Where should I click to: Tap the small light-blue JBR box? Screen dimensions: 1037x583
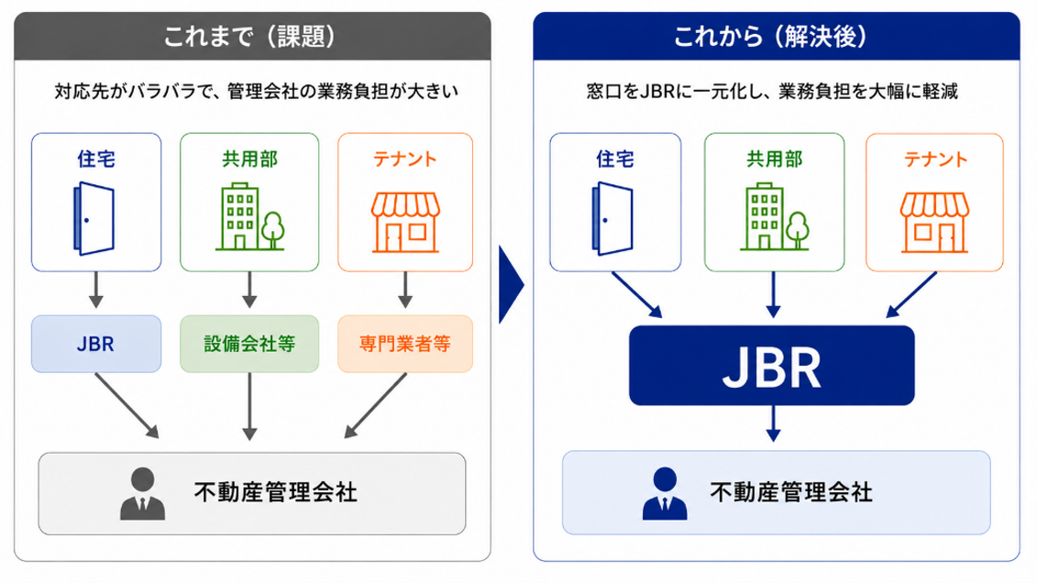pos(96,344)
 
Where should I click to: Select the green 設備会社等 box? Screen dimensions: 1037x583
pos(249,344)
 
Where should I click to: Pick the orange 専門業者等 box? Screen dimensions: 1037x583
pos(405,344)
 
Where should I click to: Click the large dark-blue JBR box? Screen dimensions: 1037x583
pos(772,366)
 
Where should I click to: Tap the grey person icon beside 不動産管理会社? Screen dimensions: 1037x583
pos(142,494)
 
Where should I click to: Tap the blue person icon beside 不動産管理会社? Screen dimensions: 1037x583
pos(665,494)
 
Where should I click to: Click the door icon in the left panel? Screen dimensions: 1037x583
pos(94,218)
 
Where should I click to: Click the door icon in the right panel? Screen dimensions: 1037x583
pos(612,218)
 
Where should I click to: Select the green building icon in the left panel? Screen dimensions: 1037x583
pos(250,217)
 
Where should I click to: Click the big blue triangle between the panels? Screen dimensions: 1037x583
pos(511,285)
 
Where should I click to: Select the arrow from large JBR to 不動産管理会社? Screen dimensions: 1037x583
pos(773,423)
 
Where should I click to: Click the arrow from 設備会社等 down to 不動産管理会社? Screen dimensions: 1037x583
pos(249,406)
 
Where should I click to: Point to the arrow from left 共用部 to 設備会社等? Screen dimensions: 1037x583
pos(249,291)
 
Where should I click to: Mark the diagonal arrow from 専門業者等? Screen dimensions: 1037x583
pos(375,406)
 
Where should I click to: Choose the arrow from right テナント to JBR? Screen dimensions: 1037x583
pos(911,295)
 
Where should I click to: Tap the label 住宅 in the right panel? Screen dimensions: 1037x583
pos(615,159)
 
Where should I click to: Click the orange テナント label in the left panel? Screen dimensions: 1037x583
pos(405,159)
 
